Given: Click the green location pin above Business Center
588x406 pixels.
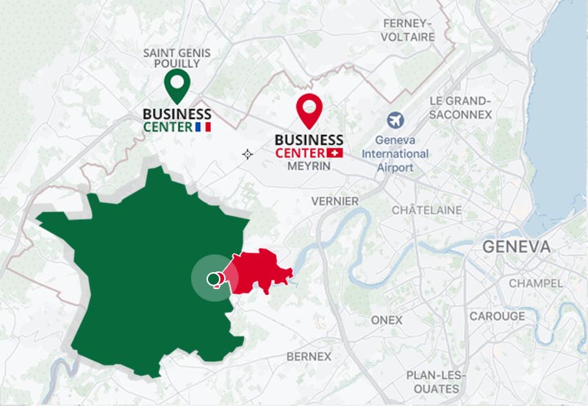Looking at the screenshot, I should [176, 85].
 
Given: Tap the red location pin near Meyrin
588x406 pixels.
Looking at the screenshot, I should [309, 110].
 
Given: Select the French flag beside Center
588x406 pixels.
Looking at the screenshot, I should [204, 127].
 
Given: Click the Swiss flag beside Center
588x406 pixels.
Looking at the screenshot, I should [337, 152].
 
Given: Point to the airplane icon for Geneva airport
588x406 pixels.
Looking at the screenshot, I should [395, 120].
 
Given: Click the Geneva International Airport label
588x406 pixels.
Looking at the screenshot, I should [395, 154].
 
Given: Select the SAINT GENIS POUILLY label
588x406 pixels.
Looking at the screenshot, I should [176, 58].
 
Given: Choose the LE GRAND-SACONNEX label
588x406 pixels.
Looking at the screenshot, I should [459, 107].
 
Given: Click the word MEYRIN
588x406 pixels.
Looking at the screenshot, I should [309, 167].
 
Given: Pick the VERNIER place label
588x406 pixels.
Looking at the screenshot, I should [335, 201].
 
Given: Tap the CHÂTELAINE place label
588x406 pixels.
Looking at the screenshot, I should [427, 210].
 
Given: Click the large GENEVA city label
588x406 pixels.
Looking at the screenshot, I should [516, 246].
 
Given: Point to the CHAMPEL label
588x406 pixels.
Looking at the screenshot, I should [536, 283].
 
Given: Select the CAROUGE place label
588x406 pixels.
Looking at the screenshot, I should [498, 316].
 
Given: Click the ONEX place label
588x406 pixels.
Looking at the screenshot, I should [387, 320].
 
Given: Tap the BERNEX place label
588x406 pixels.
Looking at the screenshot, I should [309, 356].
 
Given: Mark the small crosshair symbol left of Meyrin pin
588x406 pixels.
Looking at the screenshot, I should [247, 154].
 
